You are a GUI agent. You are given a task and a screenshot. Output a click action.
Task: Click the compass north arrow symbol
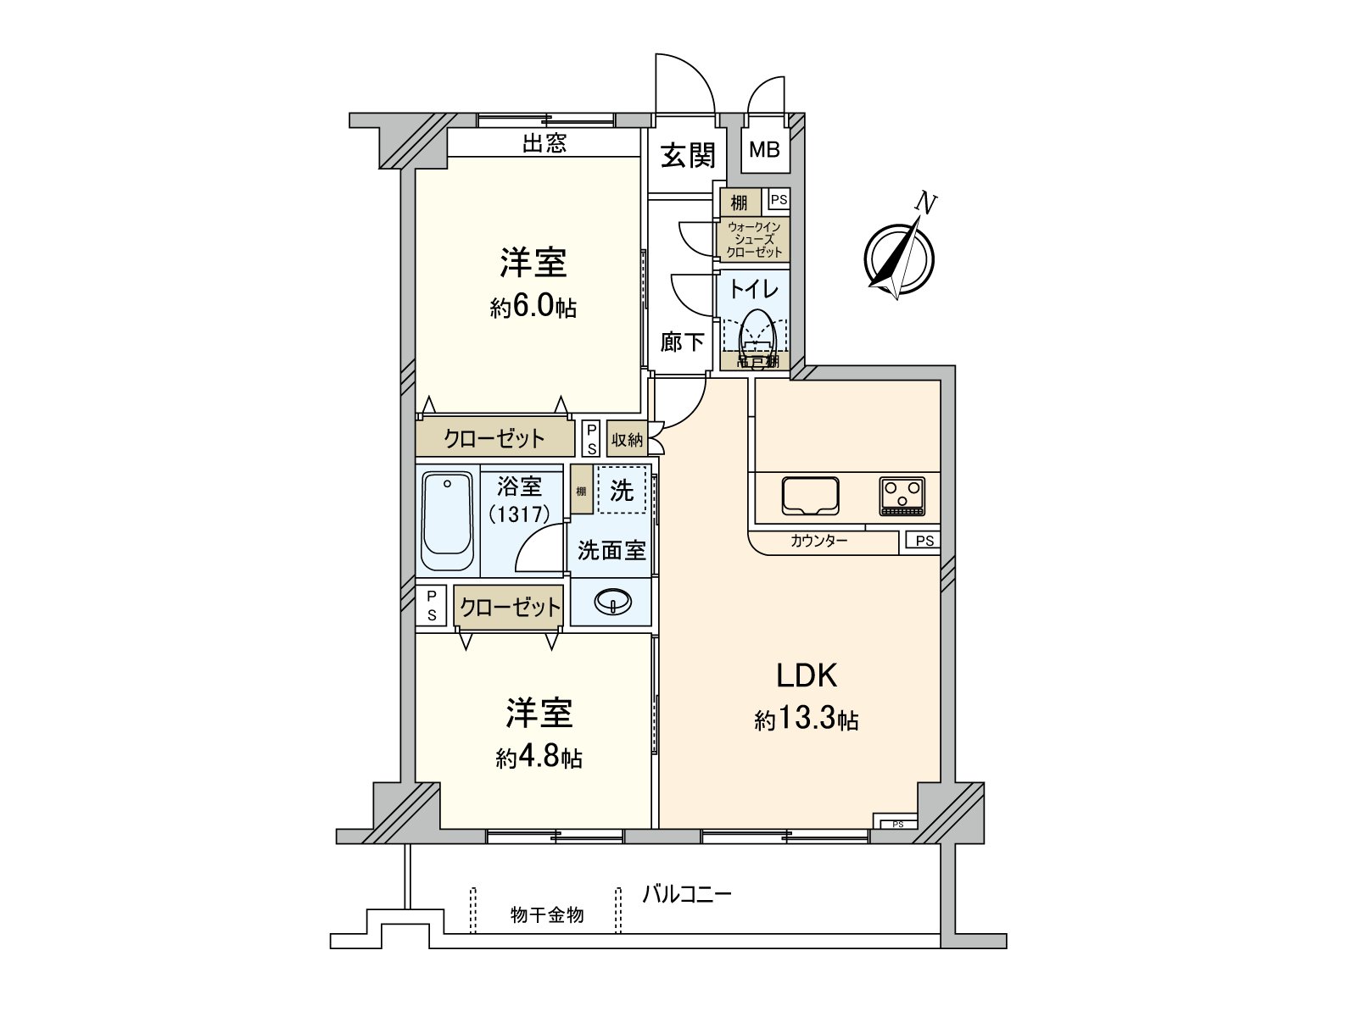click(x=899, y=254)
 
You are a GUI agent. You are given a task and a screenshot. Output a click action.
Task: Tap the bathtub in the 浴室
click(x=447, y=520)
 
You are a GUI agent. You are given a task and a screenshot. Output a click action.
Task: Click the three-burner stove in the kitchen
click(x=902, y=495)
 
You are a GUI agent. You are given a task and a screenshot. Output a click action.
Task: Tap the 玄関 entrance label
click(x=689, y=155)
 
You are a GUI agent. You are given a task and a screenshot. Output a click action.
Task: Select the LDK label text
click(x=807, y=675)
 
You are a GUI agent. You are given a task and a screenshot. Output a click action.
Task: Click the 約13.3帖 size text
click(x=807, y=720)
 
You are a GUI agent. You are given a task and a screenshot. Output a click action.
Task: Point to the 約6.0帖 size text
click(x=533, y=307)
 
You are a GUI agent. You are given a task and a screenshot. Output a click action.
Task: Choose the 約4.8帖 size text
click(x=539, y=757)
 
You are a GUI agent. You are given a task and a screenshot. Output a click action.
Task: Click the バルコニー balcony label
click(x=686, y=893)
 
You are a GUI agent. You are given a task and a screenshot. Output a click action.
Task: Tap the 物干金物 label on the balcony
click(x=547, y=915)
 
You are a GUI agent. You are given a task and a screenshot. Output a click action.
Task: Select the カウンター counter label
click(x=818, y=541)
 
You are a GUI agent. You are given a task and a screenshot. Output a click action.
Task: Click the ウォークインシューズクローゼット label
click(x=754, y=239)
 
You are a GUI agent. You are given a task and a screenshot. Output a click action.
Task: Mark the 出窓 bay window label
click(x=544, y=143)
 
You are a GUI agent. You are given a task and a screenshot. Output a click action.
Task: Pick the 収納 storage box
click(x=627, y=440)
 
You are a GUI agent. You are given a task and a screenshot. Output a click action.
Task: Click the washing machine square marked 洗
click(x=622, y=490)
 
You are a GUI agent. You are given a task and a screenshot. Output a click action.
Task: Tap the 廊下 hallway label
click(x=683, y=342)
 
